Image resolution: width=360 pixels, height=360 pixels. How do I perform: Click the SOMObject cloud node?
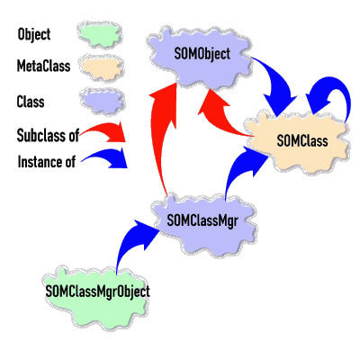click(x=199, y=56)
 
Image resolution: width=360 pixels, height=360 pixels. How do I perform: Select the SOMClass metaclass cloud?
click(x=298, y=142)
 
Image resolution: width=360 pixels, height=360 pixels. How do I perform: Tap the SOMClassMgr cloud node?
click(x=205, y=225)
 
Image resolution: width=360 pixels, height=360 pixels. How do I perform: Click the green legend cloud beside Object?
click(x=100, y=34)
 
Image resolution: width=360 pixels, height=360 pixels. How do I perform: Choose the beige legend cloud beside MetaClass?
click(x=101, y=67)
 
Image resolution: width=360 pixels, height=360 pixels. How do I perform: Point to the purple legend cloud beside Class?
click(x=103, y=101)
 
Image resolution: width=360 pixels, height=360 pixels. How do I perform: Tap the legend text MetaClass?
click(x=43, y=66)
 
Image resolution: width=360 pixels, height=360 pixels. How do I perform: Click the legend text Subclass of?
click(x=48, y=135)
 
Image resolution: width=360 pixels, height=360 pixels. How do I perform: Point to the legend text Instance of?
click(x=47, y=162)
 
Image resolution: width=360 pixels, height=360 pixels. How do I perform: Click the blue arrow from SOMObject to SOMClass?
click(x=277, y=81)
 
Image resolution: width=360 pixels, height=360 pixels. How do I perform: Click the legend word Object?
click(x=34, y=34)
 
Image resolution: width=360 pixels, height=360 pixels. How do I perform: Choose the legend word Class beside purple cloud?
click(x=31, y=102)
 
